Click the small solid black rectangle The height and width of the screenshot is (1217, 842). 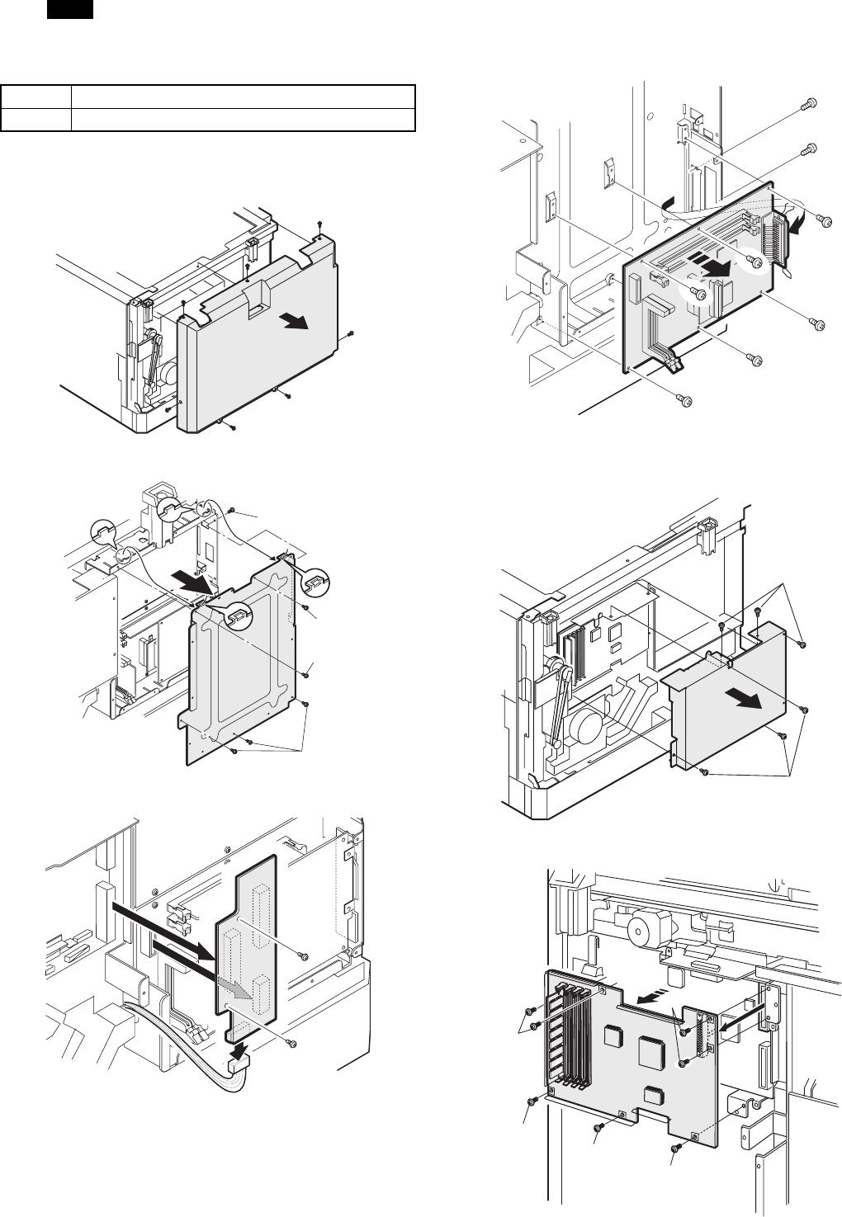pyautogui.click(x=69, y=10)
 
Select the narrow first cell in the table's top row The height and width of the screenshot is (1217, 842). pyautogui.click(x=35, y=96)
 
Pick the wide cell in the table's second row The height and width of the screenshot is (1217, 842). pyautogui.click(x=242, y=120)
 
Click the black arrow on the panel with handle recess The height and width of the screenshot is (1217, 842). pyautogui.click(x=292, y=322)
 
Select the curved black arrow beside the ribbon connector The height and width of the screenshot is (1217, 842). pyautogui.click(x=795, y=226)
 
